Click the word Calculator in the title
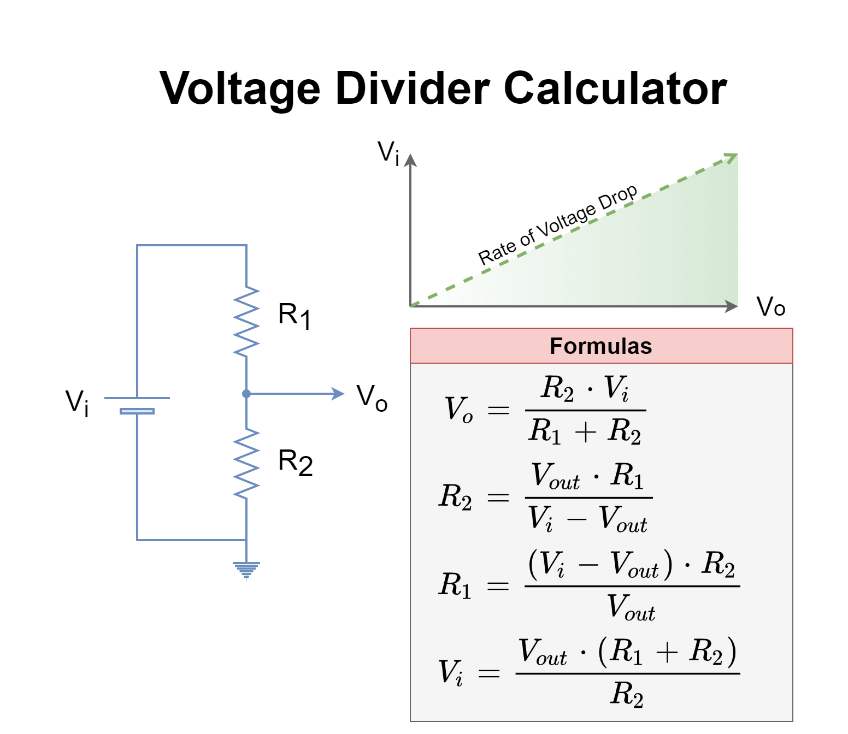615,88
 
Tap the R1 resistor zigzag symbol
246,322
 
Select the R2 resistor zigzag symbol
246,464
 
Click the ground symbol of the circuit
246,570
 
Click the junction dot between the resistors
246,394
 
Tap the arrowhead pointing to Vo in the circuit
339,394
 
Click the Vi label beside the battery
77,402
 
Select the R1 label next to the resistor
294,316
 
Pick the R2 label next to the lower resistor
295,462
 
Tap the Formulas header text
600,346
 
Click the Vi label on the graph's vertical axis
388,152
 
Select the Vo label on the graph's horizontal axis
771,307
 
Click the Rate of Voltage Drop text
557,224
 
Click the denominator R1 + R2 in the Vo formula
585,431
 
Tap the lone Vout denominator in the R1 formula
631,607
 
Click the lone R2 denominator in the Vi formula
627,694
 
